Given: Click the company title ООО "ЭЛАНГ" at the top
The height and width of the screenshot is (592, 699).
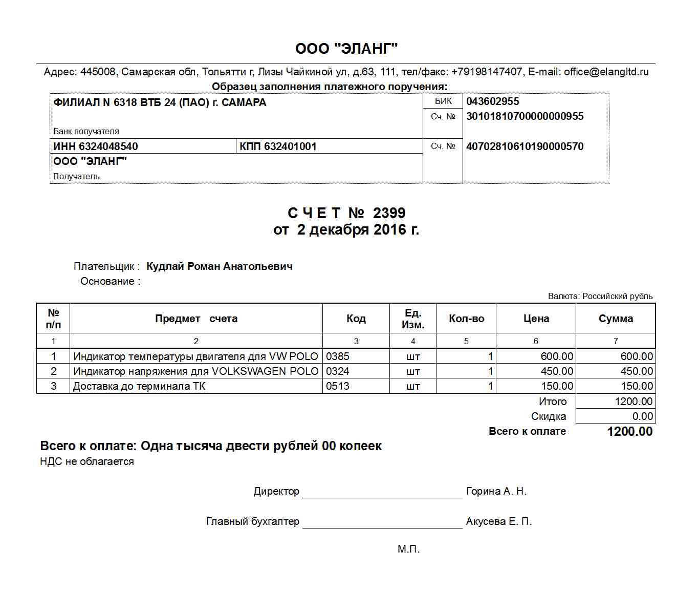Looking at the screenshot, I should point(346,49).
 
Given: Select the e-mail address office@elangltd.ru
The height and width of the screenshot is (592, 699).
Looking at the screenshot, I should point(606,72).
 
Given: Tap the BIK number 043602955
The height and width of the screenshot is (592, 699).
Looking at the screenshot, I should point(492,101).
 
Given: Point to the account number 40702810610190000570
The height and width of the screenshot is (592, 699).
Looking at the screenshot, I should point(525,146).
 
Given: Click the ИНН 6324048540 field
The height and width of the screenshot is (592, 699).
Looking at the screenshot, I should point(96,146).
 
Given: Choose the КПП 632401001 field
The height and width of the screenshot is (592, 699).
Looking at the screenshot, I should point(278,146).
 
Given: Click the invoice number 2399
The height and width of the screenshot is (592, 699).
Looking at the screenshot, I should point(389,213).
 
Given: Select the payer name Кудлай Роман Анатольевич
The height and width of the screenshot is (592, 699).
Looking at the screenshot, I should point(219,266).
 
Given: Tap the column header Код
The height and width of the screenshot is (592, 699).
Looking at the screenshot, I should point(356,319).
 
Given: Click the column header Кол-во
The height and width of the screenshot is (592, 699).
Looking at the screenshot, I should point(466,319).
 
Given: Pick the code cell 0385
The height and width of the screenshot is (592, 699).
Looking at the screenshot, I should point(338,356).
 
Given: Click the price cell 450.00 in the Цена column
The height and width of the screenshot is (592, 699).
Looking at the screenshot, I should point(557,371).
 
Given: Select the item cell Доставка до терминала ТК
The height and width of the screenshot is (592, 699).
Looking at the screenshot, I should point(139,386).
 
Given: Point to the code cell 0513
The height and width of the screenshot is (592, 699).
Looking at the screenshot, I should point(338,386).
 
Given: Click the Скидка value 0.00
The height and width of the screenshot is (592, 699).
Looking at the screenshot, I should point(642,416).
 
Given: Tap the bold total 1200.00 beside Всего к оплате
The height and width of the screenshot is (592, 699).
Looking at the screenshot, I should point(629,432).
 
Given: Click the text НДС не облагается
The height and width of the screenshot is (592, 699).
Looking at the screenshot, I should point(87,461).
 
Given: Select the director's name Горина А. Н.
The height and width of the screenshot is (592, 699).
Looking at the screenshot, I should point(496,492).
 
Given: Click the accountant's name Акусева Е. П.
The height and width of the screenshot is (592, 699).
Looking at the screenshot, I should point(498,522).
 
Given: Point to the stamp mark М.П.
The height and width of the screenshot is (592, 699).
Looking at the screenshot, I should point(408,549).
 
